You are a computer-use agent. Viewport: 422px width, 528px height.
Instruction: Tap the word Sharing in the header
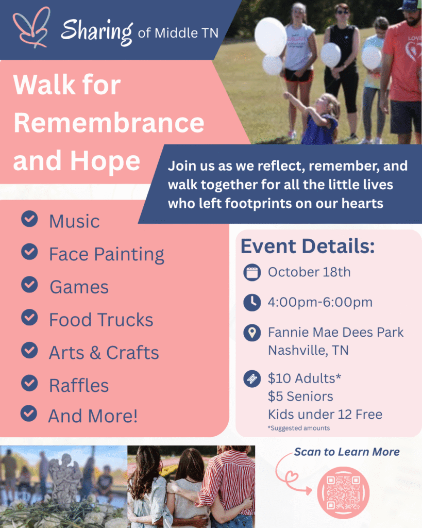tap(97, 31)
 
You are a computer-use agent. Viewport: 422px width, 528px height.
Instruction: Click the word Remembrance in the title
tap(109, 123)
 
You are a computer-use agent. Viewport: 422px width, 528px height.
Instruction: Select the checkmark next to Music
tap(29, 219)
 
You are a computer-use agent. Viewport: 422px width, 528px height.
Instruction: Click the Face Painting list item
tap(107, 254)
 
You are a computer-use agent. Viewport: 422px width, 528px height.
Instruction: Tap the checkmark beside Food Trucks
tap(29, 318)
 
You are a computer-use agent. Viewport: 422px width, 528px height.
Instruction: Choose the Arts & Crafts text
tap(104, 353)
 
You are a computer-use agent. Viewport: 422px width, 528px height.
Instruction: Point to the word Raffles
tap(79, 385)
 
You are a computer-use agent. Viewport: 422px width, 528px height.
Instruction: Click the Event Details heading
tap(308, 246)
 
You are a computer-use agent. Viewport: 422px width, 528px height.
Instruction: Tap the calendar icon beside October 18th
tap(252, 272)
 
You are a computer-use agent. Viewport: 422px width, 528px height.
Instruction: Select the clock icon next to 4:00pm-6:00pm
tap(252, 302)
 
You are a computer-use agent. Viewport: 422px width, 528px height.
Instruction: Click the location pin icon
tap(252, 333)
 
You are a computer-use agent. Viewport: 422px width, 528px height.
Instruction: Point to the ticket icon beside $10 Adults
tap(252, 379)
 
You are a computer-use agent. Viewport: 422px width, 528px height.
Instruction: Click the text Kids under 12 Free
tap(325, 415)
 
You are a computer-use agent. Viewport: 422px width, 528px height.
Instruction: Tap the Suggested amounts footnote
tap(299, 428)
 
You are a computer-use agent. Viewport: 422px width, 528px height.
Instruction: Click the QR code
tap(343, 492)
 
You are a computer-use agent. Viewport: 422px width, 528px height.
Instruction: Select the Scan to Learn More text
tap(347, 452)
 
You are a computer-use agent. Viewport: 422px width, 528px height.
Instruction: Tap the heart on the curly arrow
tap(292, 476)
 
